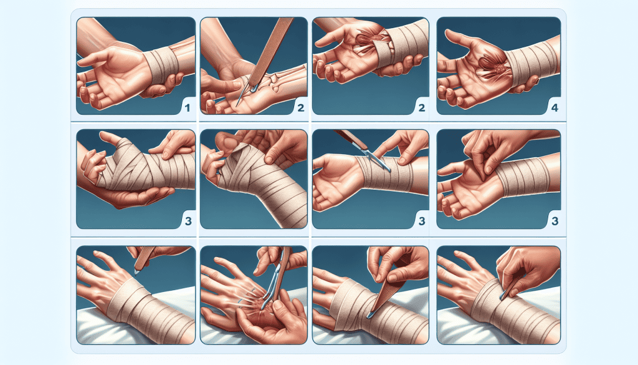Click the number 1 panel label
pos(187,108)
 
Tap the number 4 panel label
pos(555,108)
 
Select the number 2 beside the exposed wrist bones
pos(301,108)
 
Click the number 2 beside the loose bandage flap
pos(422,108)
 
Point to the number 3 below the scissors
pos(422,221)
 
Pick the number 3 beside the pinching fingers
pos(555,221)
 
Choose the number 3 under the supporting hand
pos(188,221)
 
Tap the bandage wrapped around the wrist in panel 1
pos(162,65)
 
